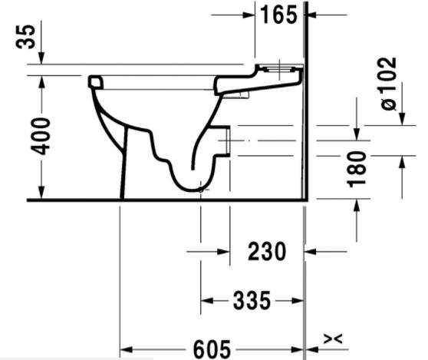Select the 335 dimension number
tap(252, 301)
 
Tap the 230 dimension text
tap(266, 251)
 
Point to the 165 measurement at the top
tap(278, 15)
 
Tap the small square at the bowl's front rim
tap(96, 81)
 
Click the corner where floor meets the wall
tap(306, 200)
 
